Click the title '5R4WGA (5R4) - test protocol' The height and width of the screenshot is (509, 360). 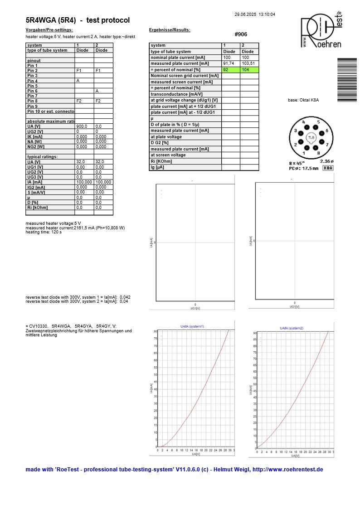click(78, 20)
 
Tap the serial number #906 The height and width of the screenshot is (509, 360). click(241, 34)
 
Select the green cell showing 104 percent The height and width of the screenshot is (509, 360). click(249, 70)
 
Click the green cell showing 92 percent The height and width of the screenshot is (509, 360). click(231, 70)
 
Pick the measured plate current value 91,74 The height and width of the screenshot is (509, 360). click(230, 64)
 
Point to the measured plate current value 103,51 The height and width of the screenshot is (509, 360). click(249, 64)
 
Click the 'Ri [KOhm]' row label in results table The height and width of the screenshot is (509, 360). click(162, 161)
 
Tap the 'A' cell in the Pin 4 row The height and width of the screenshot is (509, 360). click(78, 81)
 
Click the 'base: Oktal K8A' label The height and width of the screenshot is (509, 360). click(303, 100)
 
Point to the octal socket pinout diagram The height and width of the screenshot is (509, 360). click(310, 138)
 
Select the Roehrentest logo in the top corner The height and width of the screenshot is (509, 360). click(321, 31)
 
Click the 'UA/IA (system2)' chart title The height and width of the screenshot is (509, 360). click(292, 328)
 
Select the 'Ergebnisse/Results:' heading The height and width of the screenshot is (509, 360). click(170, 30)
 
